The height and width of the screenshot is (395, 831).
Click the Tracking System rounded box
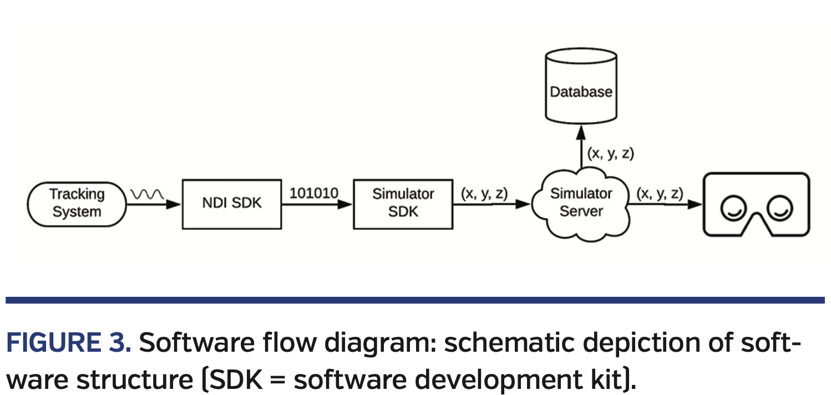[x=77, y=204]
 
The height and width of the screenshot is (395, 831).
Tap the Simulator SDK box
[x=403, y=204]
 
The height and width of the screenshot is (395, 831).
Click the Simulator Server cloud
[x=580, y=204]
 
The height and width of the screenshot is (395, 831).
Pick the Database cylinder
[x=580, y=89]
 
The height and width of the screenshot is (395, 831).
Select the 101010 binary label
[x=313, y=194]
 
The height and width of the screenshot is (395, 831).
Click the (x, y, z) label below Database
[x=610, y=154]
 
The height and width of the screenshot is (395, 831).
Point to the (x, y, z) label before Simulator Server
[x=484, y=194]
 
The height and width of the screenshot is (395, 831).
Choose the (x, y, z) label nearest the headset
[x=660, y=194]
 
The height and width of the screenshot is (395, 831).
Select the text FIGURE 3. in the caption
[x=68, y=344]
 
